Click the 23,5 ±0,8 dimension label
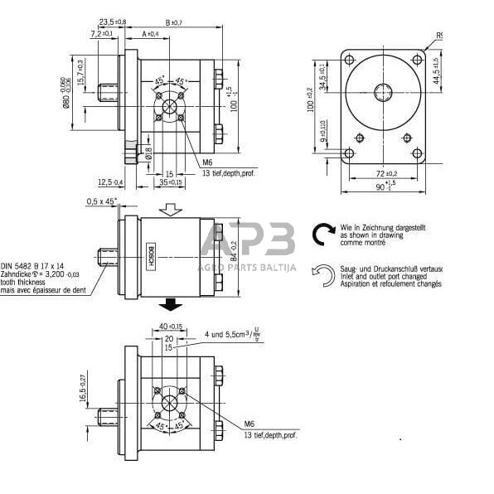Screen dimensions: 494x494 [113, 21]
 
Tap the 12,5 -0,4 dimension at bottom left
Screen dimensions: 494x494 [109, 182]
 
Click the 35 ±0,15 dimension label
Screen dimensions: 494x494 [171, 182]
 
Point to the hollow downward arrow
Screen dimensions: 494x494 [169, 211]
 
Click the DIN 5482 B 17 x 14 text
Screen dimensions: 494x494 [36, 260]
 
